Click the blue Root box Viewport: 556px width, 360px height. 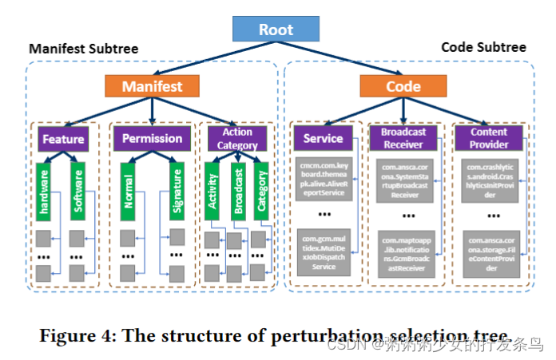click(x=276, y=30)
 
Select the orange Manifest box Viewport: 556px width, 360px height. click(x=152, y=86)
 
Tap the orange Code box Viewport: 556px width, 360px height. click(x=403, y=86)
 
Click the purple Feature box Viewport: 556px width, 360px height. click(x=64, y=139)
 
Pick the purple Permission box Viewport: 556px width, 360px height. click(x=152, y=139)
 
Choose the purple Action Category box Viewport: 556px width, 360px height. click(x=237, y=139)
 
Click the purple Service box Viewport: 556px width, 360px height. click(x=323, y=139)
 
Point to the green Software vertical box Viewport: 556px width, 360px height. click(x=78, y=192)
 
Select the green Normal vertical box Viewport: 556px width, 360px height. click(x=127, y=192)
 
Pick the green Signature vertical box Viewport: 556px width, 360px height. click(x=175, y=192)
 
